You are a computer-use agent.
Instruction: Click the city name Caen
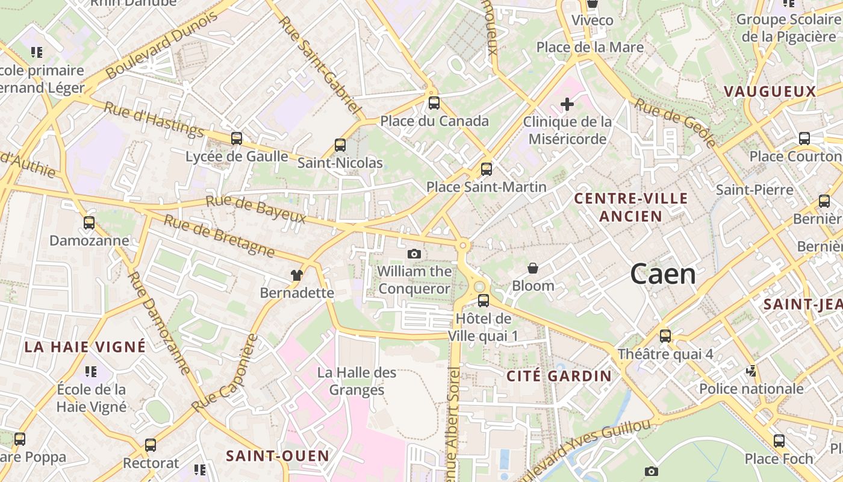point(663,275)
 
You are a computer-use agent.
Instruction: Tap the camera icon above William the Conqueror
point(414,254)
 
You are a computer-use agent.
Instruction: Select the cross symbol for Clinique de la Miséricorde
point(567,104)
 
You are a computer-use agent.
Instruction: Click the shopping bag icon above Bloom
point(533,268)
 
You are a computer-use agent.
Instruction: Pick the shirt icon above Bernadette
point(296,275)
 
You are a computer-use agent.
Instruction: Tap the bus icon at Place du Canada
point(434,103)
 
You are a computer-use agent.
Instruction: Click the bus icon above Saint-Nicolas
point(340,145)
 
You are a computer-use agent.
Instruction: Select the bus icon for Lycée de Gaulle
point(237,139)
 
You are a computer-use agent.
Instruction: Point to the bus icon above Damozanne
point(89,223)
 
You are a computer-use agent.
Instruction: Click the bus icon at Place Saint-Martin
point(487,169)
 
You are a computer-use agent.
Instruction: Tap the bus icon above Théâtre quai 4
point(665,336)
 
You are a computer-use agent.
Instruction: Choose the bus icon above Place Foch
point(779,441)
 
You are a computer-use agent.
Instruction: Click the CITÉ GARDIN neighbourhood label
point(559,376)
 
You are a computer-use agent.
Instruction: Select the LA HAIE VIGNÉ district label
point(85,346)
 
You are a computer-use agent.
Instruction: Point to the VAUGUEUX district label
point(770,92)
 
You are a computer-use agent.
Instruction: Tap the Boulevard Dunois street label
point(161,45)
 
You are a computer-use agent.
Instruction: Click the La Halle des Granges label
point(356,381)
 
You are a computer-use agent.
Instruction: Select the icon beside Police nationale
point(751,371)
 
